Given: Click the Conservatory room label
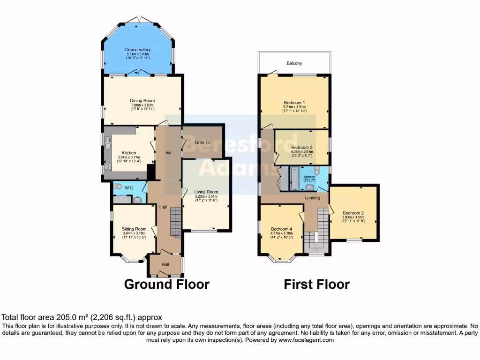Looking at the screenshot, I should tap(137, 50).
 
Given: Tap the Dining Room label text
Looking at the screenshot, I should tap(142, 100).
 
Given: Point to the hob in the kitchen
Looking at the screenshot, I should tap(108, 166).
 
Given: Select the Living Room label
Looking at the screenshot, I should tap(206, 192).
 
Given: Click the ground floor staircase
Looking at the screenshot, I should tap(175, 223).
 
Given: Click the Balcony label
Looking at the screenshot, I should tap(294, 63).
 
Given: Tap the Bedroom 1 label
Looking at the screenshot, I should tap(294, 103).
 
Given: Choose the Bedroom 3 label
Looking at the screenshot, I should tap(301, 147).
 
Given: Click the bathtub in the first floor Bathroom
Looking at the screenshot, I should tap(293, 180).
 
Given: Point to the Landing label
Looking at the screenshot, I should tap(312, 198).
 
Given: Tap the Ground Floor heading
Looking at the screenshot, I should tap(166, 284).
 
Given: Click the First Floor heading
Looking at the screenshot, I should tap(317, 284).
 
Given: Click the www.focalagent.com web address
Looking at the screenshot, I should tap(306, 340).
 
